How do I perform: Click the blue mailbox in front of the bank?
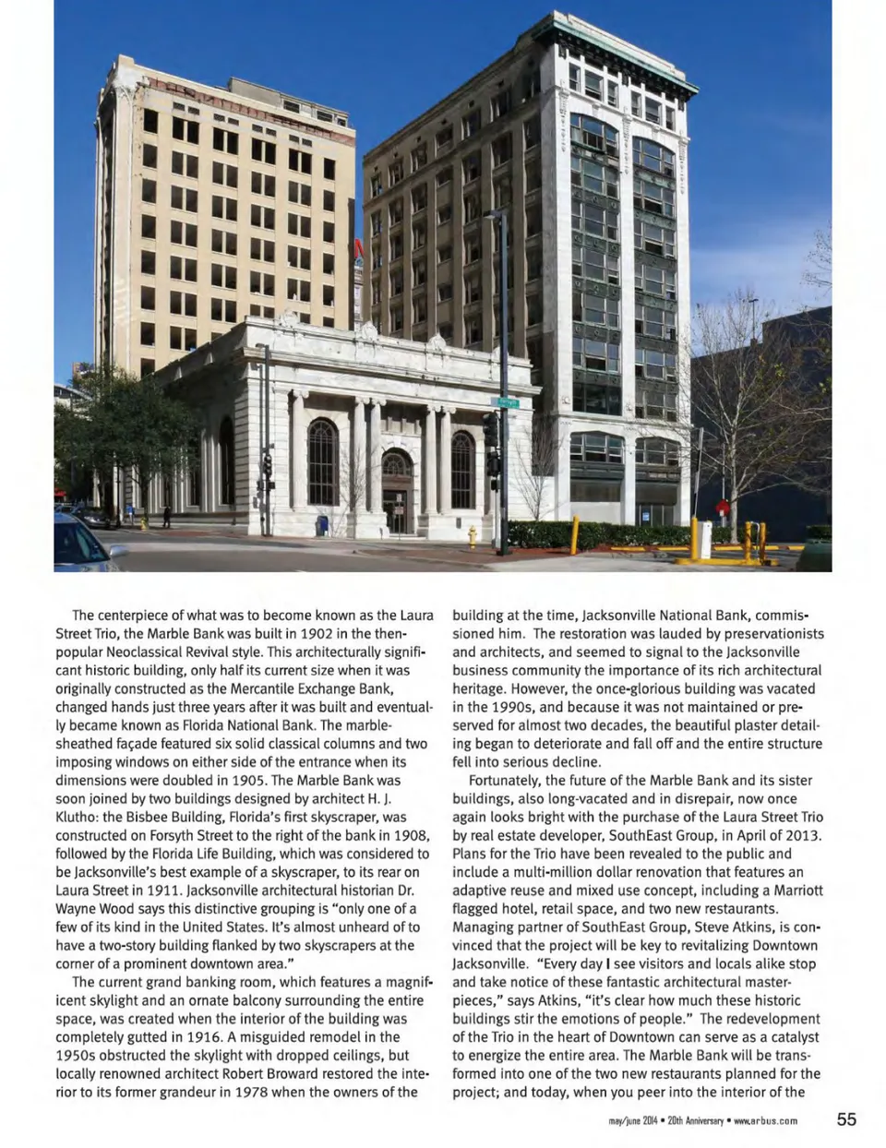pos(321,525)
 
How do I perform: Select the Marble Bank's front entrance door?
pos(397,510)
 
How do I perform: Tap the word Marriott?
pos(793,891)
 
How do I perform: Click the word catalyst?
pos(791,1037)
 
